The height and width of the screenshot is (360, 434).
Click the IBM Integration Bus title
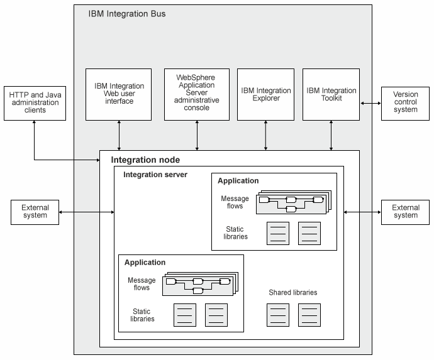click(127, 13)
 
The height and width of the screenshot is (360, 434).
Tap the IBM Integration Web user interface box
click(119, 94)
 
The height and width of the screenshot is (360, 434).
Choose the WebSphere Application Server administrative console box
click(197, 94)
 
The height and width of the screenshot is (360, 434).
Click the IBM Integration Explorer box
click(265, 94)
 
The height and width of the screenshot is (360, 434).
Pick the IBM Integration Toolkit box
click(331, 94)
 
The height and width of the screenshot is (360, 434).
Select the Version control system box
click(405, 102)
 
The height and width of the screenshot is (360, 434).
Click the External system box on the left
click(35, 212)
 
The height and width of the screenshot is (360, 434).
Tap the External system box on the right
click(405, 212)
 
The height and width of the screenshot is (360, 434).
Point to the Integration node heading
click(145, 161)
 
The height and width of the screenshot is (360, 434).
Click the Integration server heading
click(155, 175)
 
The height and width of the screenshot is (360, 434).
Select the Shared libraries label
click(292, 293)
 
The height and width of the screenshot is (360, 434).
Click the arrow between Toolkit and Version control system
click(370, 103)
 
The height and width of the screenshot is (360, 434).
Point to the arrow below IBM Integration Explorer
click(265, 135)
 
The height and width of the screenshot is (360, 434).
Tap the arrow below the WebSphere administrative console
click(197, 135)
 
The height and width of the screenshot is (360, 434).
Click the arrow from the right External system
click(362, 212)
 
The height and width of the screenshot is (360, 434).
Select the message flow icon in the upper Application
click(293, 203)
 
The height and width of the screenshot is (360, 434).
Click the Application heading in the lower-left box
click(145, 263)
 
